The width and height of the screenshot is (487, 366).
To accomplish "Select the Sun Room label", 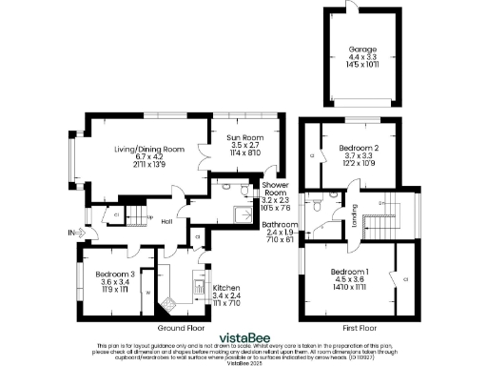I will point(243,139).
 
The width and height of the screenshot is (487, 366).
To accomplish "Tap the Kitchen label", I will point(225,288).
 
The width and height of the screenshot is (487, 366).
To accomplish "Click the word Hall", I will point(166,222).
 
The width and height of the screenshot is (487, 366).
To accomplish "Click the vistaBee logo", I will point(243,335).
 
